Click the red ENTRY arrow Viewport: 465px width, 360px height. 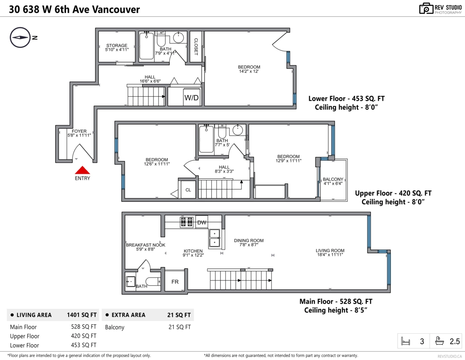(82, 170)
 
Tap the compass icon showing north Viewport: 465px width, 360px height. (20, 38)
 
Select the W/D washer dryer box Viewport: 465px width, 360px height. (191, 98)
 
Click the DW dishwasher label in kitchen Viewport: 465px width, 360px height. (202, 222)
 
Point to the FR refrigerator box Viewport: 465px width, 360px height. (175, 282)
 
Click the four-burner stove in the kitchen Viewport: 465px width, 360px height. (186, 222)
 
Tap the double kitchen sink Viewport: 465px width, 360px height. (214, 238)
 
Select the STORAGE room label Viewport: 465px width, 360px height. (117, 46)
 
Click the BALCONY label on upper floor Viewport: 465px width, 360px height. (333, 179)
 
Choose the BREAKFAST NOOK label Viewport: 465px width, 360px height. (145, 245)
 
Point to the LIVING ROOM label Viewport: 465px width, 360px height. (330, 250)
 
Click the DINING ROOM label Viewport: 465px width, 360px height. (248, 241)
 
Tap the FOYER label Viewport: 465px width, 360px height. (79, 131)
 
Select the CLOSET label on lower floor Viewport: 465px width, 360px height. (196, 47)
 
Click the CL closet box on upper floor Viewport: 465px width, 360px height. (188, 190)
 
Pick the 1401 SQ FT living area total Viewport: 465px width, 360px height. (82, 315)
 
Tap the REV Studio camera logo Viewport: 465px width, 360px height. (426, 9)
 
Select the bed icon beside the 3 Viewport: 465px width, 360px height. (406, 341)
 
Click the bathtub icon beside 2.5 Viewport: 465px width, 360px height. (440, 341)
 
